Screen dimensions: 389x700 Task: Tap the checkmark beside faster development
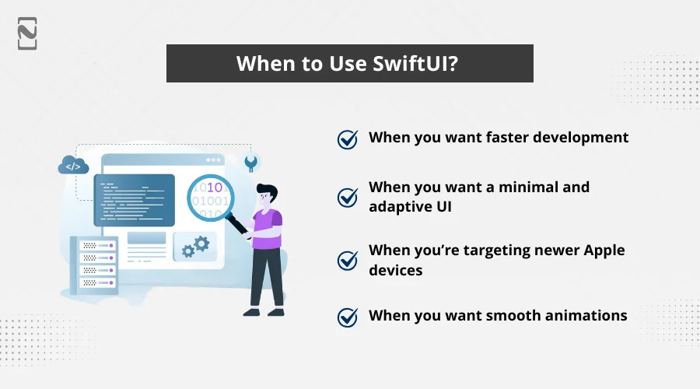pos(347,138)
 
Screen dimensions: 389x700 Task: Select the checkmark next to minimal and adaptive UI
pos(347,198)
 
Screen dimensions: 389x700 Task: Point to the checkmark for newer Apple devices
pos(347,260)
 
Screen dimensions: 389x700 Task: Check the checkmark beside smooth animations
pos(347,317)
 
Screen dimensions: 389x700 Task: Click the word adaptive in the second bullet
pos(398,208)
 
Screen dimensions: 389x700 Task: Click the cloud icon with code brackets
pos(73,165)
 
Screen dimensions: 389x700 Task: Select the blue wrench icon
pos(250,163)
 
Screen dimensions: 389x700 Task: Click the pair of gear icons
pos(196,247)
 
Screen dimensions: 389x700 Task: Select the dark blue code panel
pos(134,199)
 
